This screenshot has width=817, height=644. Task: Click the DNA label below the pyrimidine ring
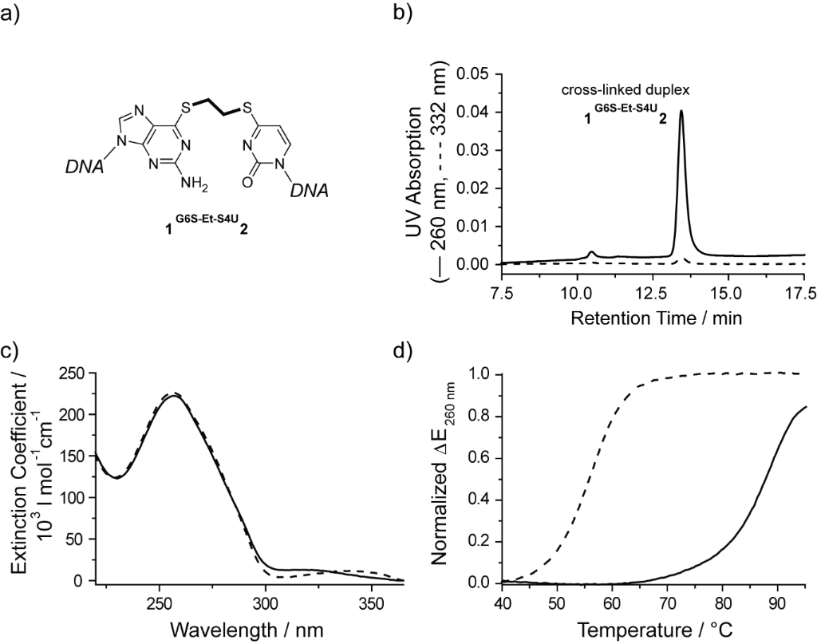(306, 192)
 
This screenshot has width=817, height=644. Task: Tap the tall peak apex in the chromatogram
(681, 111)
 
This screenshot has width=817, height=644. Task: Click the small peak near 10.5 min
(591, 252)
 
